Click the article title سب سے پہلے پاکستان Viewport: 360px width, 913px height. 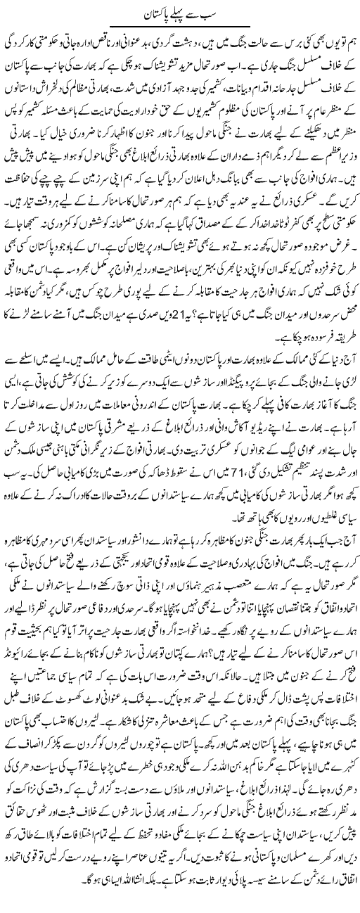[180, 12]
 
